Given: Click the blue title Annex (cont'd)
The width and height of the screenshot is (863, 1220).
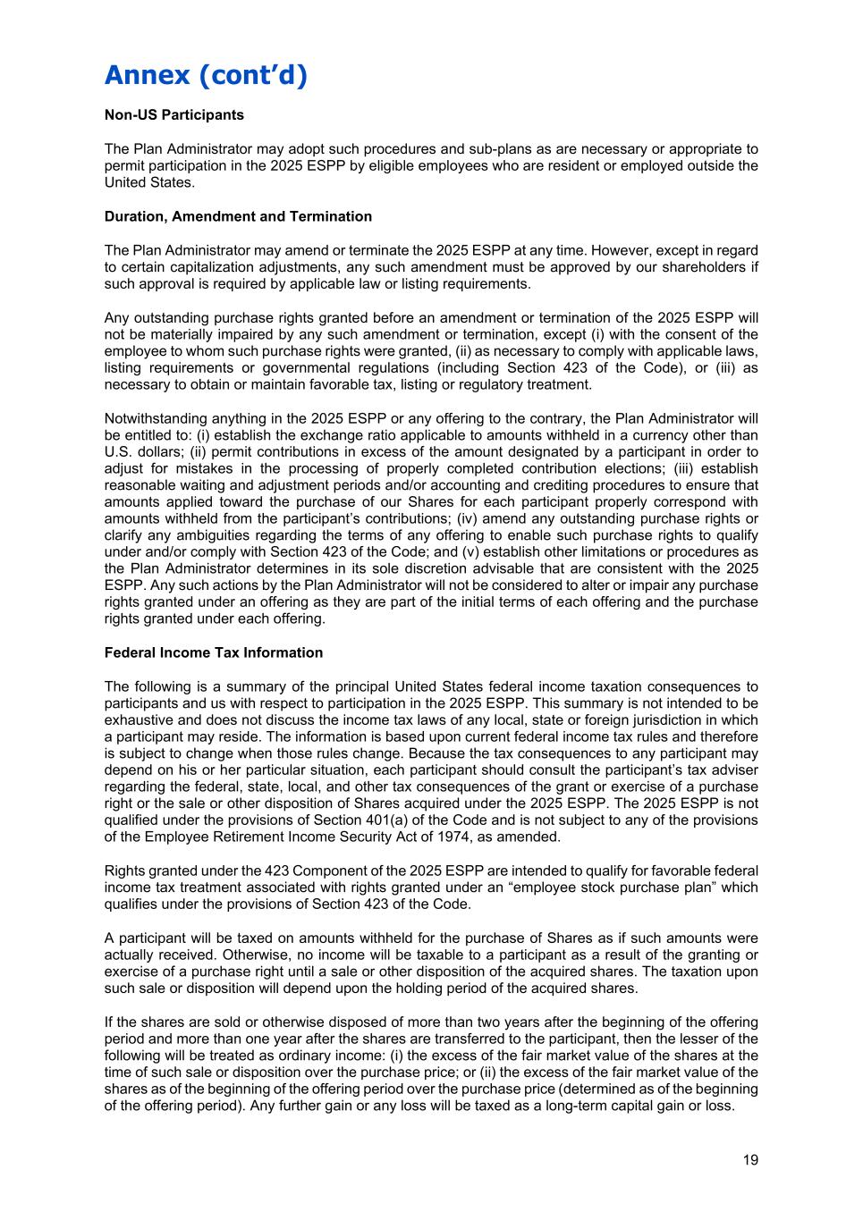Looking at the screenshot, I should click(206, 75).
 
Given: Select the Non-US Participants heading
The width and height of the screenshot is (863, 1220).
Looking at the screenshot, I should click(173, 115).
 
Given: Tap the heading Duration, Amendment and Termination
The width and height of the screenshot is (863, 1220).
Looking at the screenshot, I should click(238, 216).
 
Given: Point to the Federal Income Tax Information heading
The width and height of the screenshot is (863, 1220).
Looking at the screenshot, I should click(213, 652).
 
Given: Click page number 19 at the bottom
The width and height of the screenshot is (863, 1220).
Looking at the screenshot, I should click(749, 1160).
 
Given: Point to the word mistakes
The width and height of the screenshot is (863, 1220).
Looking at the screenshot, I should click(199, 468).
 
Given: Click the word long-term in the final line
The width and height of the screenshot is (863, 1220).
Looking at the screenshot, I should click(590, 1106).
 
